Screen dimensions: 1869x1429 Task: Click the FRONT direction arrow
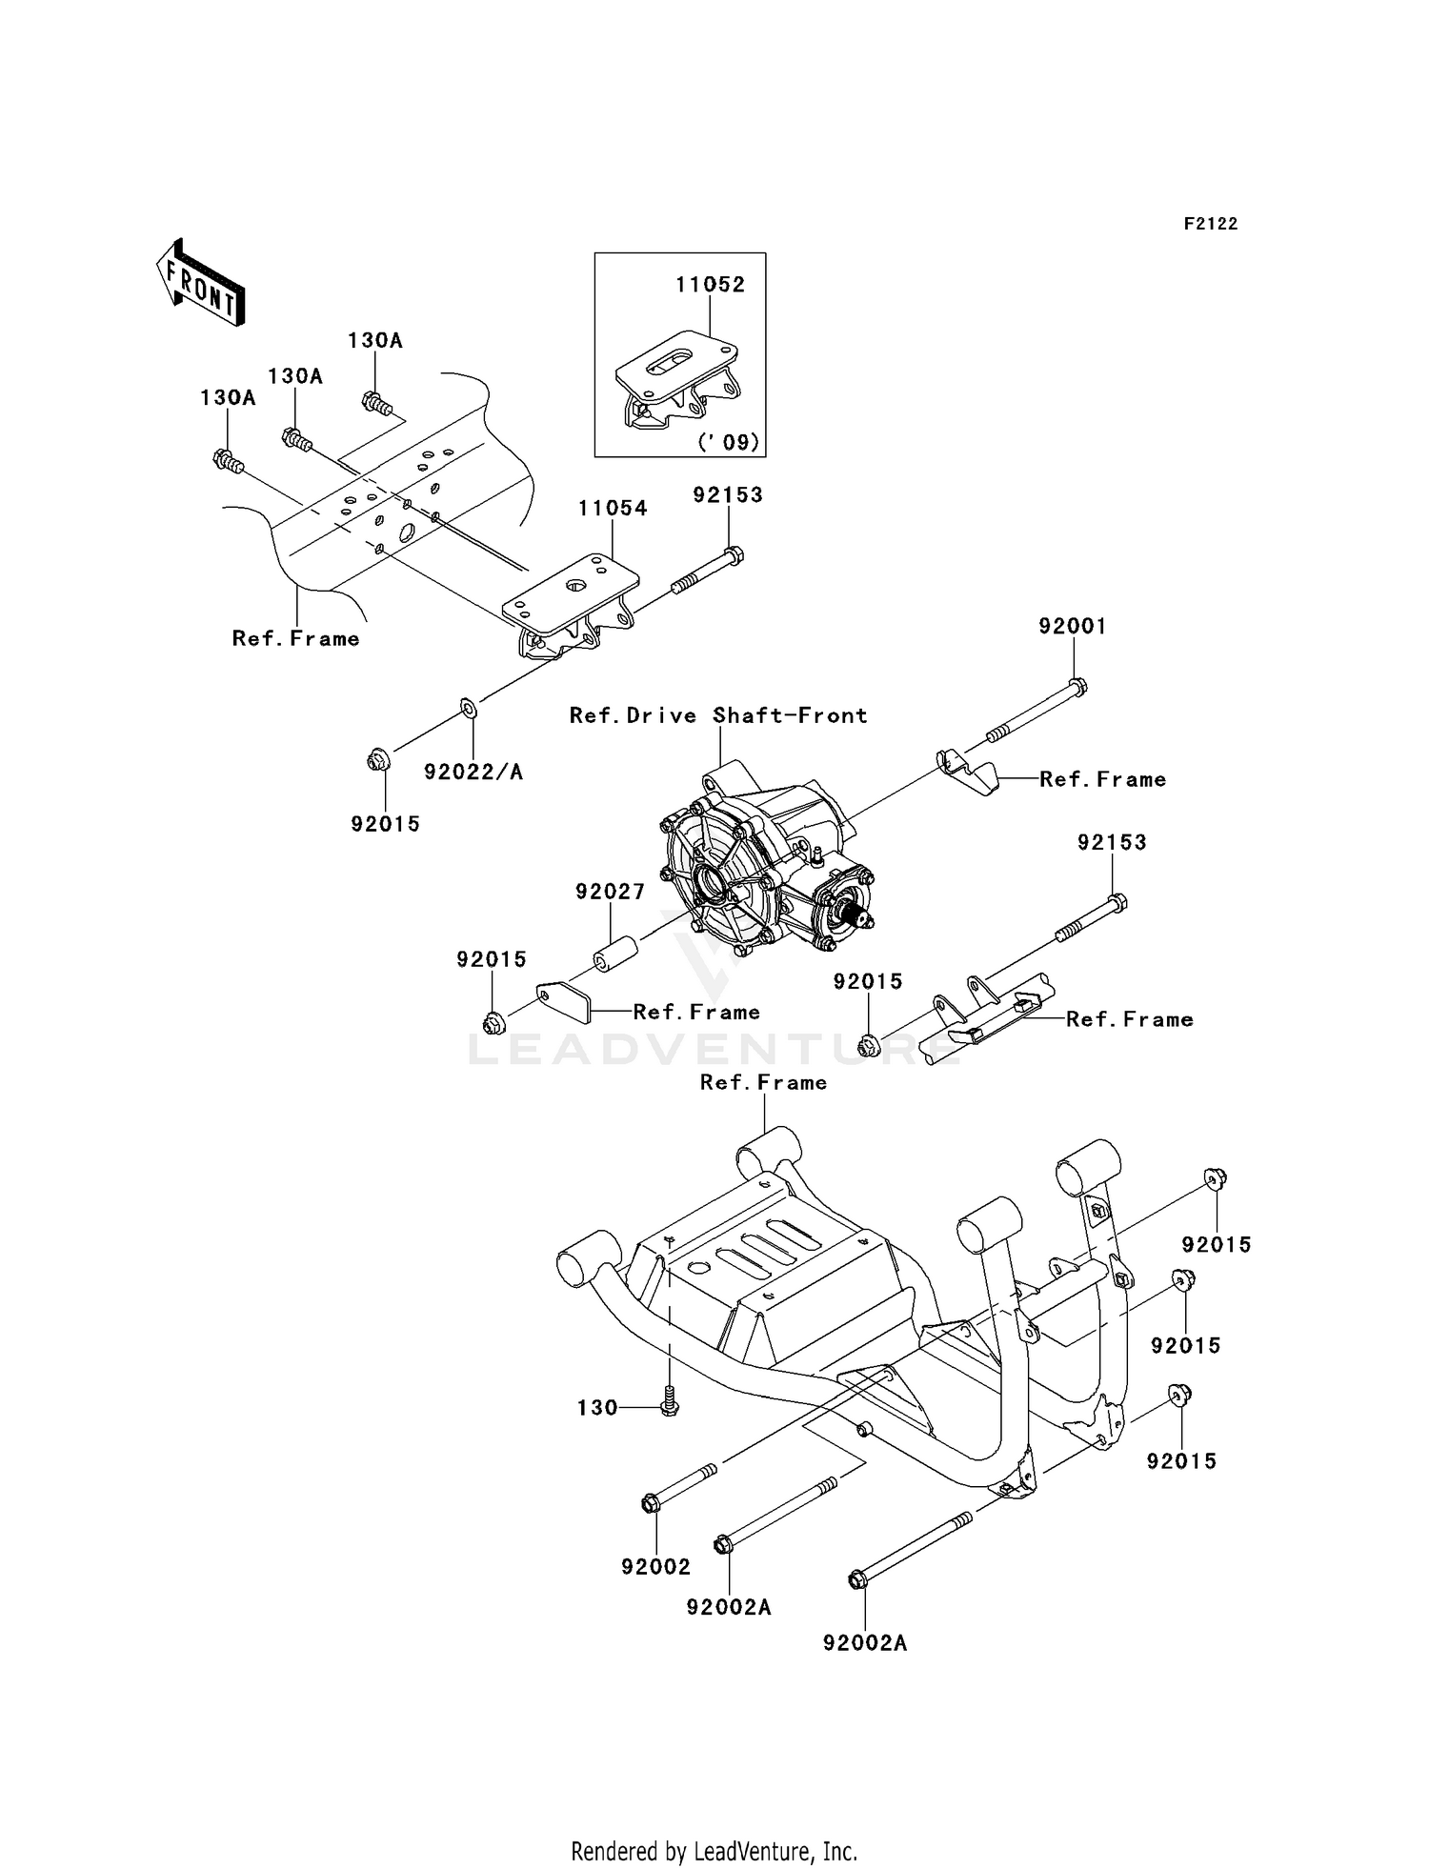tap(200, 284)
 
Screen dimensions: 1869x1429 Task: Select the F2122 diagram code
tap(1210, 224)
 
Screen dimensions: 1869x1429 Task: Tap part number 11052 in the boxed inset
tap(710, 284)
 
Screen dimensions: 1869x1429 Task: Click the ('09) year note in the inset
tap(729, 442)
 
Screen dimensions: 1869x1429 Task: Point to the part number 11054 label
tap(613, 509)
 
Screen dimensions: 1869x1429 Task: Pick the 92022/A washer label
tap(473, 772)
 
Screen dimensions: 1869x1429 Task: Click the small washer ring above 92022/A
tap(468, 707)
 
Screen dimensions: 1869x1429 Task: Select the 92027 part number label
tap(610, 892)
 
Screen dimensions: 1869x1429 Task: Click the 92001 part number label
tap(1073, 626)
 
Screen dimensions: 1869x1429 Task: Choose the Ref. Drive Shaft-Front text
tap(718, 715)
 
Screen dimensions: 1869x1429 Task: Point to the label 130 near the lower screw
tap(597, 1407)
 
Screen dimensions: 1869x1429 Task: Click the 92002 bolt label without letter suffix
tap(655, 1566)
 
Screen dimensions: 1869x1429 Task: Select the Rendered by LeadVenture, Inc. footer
tap(714, 1851)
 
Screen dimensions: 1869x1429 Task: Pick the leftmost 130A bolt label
tap(228, 397)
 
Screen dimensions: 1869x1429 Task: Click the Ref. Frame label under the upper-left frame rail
tap(295, 638)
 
